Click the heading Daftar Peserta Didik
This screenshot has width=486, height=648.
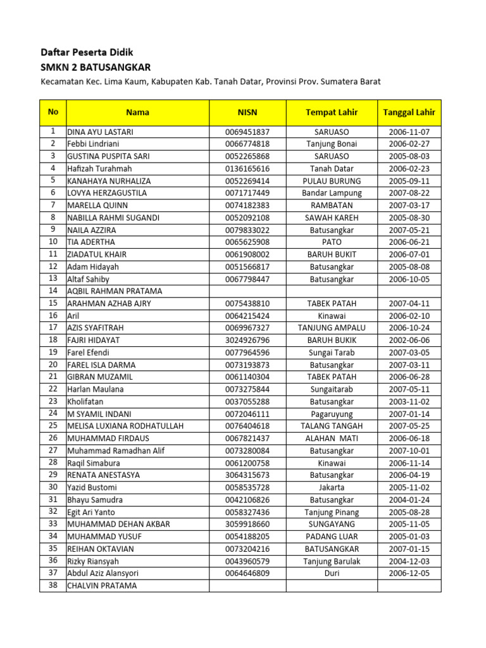(x=87, y=53)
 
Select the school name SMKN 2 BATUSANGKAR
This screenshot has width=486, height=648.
(x=96, y=68)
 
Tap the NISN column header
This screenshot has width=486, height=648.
(x=247, y=113)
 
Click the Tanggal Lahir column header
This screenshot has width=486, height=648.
(x=409, y=113)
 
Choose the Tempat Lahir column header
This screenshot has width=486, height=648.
(x=332, y=113)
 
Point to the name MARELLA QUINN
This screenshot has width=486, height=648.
(x=97, y=206)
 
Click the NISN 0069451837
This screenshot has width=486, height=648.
(x=247, y=132)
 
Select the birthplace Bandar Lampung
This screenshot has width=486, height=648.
(x=332, y=193)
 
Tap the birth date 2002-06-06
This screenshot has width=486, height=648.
(x=409, y=340)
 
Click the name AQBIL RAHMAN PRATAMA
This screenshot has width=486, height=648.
(x=115, y=291)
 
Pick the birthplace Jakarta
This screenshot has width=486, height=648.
(x=332, y=487)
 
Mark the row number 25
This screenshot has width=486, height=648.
(x=53, y=426)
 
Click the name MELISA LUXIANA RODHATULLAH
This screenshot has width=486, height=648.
(x=125, y=426)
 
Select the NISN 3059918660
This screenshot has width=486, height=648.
(x=247, y=524)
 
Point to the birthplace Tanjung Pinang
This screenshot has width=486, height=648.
(x=332, y=512)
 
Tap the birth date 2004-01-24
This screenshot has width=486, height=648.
(x=409, y=500)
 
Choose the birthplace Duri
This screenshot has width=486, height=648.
(x=332, y=573)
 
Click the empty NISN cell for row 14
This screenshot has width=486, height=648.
(x=247, y=291)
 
